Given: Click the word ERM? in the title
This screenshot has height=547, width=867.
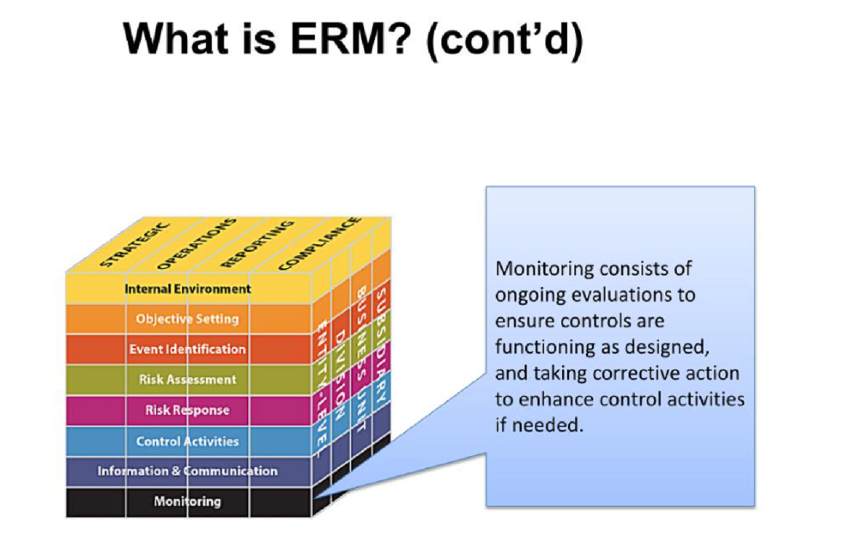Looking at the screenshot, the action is pos(350,39).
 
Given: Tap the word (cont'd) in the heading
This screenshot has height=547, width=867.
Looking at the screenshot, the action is pos(505,40).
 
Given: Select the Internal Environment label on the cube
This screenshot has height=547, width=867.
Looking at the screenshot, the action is pos(188,289).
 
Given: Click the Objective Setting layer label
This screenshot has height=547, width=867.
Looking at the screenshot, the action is pos(187,319).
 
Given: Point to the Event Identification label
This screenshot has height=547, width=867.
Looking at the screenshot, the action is pos(187,349).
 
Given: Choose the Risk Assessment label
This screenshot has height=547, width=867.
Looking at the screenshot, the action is pos(187,379).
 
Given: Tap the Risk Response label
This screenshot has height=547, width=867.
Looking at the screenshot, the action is pos(187,410).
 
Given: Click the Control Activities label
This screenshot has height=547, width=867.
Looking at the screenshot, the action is pos(187,442).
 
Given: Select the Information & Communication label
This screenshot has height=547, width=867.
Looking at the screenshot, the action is pos(187,471).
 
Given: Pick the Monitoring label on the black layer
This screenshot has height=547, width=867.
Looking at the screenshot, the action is pos(187,501).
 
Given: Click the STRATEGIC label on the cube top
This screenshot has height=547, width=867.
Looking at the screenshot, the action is pos(134,245).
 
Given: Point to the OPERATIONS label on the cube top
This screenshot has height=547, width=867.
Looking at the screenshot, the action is pos(197,244).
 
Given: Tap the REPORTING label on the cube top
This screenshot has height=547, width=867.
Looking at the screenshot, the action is pos(257,244).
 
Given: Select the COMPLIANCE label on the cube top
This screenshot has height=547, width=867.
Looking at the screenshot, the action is pos(319,244).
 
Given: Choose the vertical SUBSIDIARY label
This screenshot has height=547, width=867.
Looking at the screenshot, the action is pos(381,345).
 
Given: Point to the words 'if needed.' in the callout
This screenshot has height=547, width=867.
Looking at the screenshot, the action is pos(539,425).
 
